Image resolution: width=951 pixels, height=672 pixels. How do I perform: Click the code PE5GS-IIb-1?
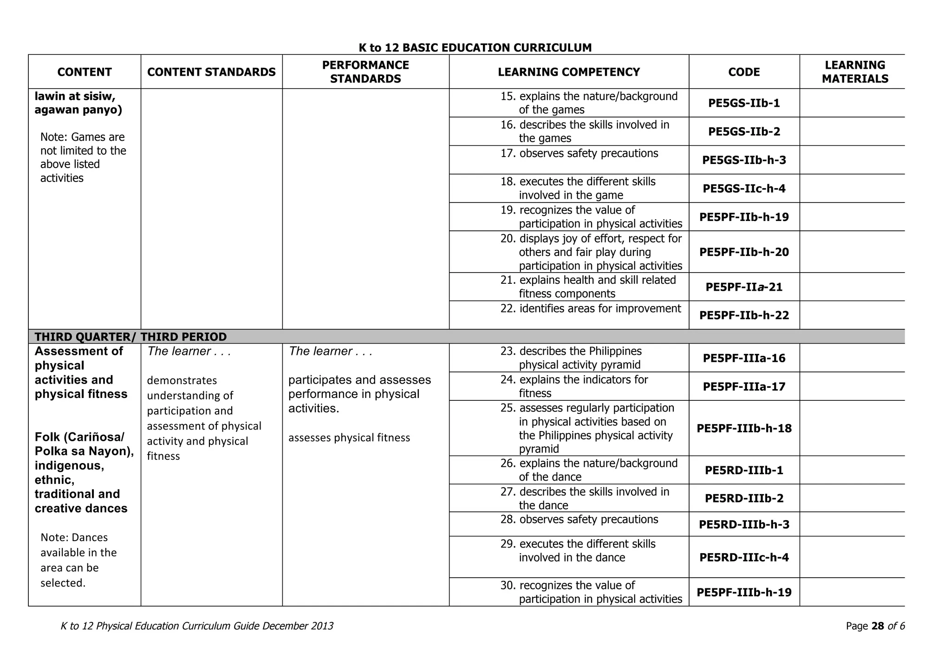[744, 103]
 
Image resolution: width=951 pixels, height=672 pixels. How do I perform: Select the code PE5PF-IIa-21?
[744, 287]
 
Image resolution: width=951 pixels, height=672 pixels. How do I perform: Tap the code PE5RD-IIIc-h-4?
[744, 557]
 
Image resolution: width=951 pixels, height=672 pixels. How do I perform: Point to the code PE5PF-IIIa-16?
[744, 358]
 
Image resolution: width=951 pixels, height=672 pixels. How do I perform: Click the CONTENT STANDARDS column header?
[211, 72]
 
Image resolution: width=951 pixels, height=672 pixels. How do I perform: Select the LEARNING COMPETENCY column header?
[569, 72]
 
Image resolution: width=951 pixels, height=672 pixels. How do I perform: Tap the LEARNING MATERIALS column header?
[855, 72]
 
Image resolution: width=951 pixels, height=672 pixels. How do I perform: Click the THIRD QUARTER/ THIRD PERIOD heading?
[130, 337]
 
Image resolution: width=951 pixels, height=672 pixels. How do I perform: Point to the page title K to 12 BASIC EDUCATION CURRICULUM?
[475, 47]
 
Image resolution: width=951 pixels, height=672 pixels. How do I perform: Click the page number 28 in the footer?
[878, 626]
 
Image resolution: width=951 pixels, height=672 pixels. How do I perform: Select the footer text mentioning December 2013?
[197, 626]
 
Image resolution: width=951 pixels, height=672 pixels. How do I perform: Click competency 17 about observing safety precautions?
[588, 153]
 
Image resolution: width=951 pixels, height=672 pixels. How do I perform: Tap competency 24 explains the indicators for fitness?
[583, 386]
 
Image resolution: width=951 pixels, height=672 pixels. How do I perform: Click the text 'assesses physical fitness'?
[349, 437]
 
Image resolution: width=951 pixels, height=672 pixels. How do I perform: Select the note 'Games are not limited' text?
[83, 157]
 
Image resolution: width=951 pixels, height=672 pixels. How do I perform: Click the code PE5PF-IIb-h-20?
[744, 252]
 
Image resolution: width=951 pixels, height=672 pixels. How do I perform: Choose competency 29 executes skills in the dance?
[587, 551]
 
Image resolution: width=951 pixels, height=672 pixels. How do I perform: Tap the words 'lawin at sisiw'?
[75, 96]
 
